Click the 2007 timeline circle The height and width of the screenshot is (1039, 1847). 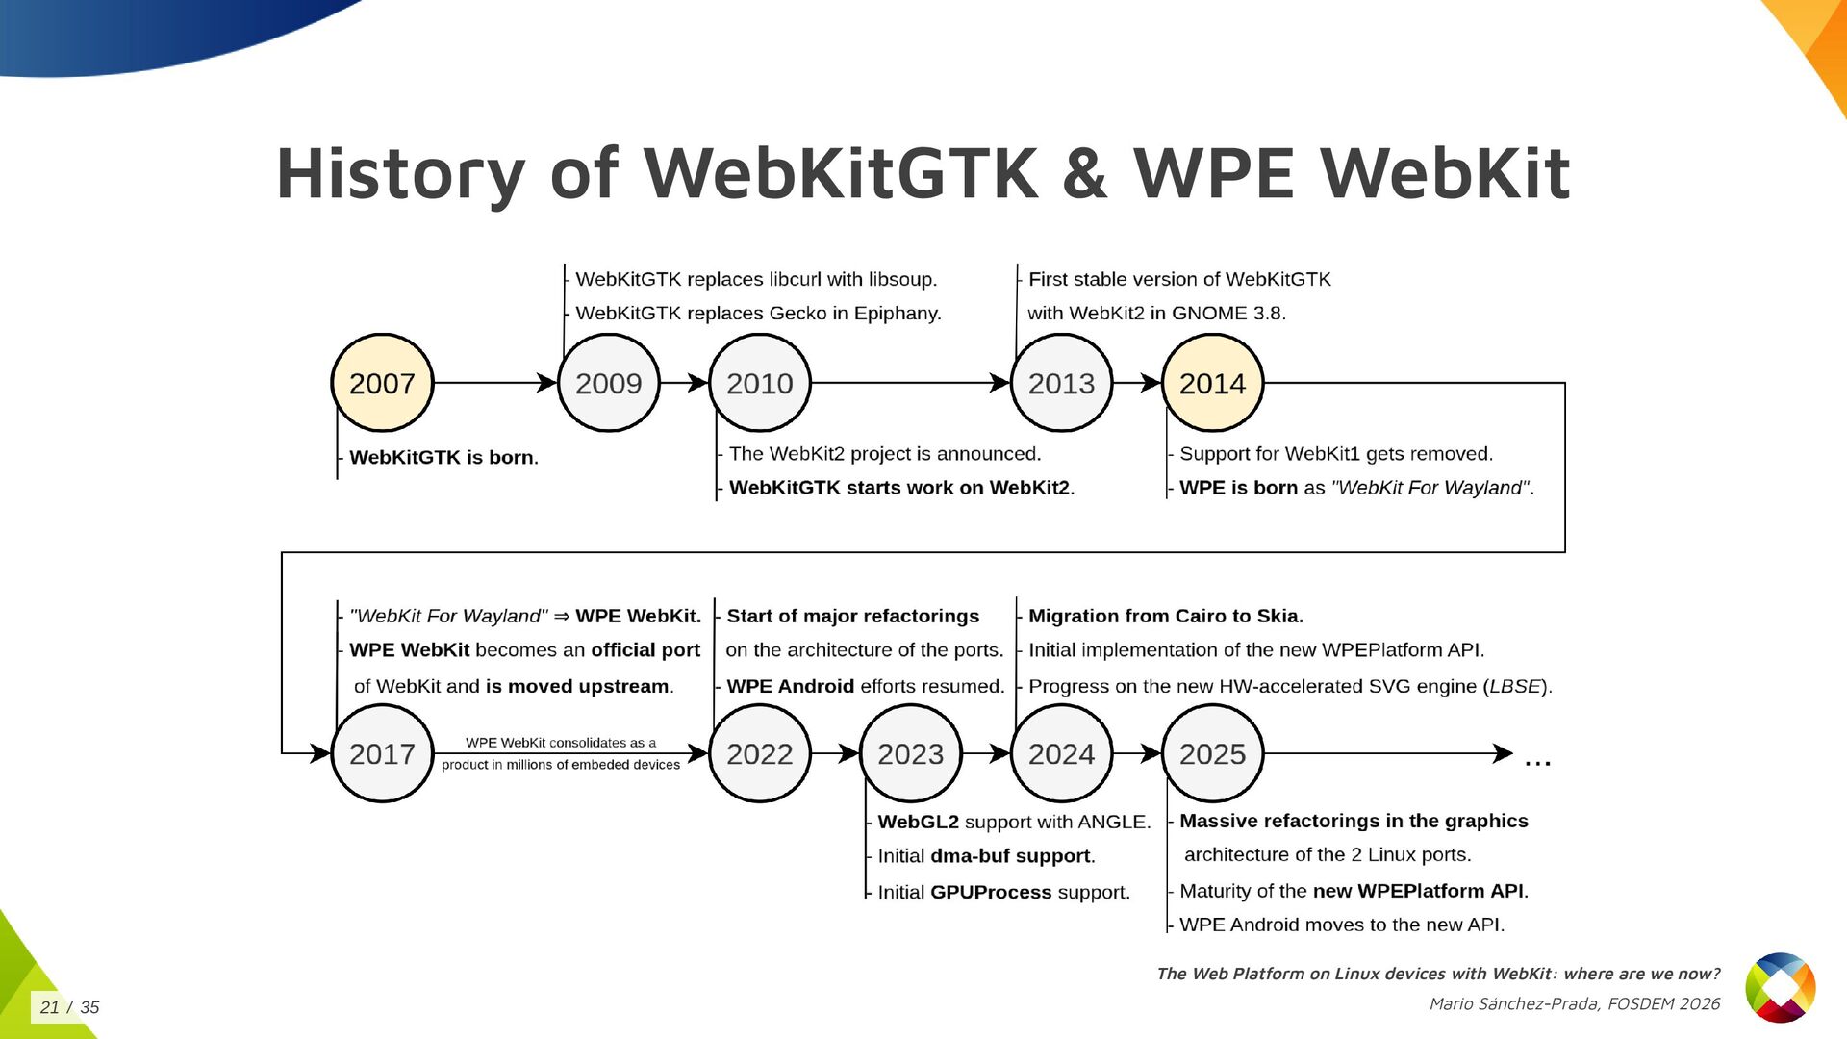click(x=382, y=383)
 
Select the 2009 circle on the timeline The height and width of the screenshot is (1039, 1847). click(x=608, y=383)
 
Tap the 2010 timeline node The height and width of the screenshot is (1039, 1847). click(x=759, y=383)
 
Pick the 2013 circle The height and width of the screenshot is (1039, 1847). click(x=1061, y=383)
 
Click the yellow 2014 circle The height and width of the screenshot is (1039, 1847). click(x=1212, y=383)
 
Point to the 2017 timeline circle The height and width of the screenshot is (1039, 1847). click(x=382, y=753)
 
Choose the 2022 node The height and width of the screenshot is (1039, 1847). click(x=759, y=753)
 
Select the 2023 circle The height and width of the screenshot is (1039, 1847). click(x=910, y=753)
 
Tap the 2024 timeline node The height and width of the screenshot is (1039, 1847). click(x=1061, y=753)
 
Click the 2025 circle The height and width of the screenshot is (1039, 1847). click(x=1212, y=753)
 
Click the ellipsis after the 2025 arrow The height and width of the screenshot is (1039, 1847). click(x=1537, y=760)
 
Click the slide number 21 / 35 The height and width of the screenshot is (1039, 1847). click(x=69, y=1007)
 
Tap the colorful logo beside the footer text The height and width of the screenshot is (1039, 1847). click(x=1780, y=987)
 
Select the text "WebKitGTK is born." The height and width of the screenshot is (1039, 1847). click(x=443, y=457)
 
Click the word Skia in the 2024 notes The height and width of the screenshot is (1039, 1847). click(x=1278, y=616)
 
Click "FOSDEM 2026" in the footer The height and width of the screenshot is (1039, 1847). click(x=1663, y=1003)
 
